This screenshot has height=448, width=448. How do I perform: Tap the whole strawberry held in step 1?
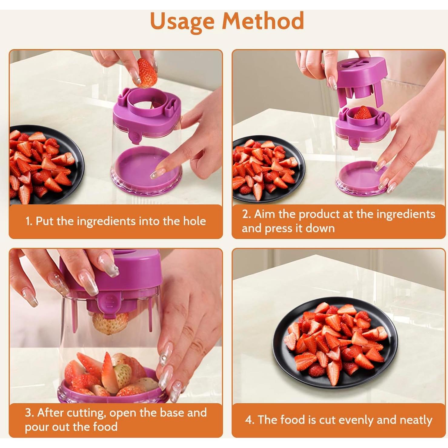click(147, 72)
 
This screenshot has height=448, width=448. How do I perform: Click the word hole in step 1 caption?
click(194, 221)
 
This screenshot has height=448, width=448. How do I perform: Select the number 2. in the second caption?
click(247, 214)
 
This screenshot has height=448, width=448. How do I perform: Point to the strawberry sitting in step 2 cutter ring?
click(362, 113)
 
